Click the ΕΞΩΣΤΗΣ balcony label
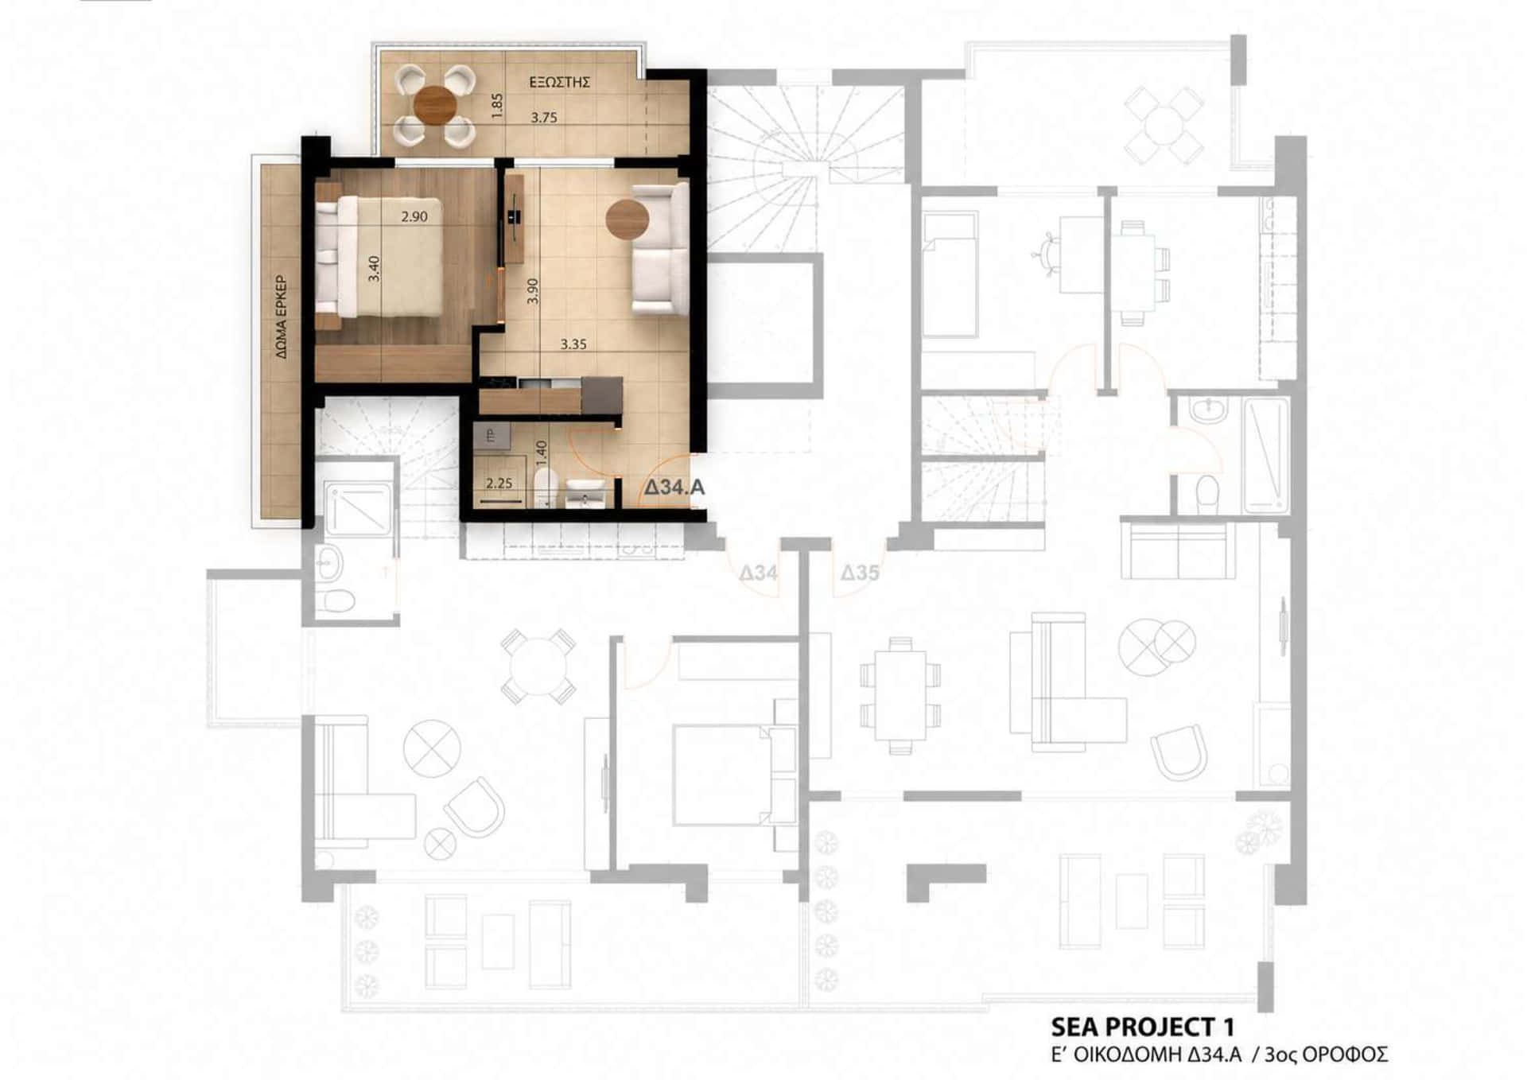coord(560,82)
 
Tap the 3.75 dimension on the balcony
coord(544,118)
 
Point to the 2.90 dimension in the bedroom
coord(414,216)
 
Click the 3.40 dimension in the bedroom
coord(375,268)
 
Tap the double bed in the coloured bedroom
coord(380,258)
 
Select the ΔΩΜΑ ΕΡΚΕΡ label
coord(282,317)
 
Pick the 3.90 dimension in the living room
coord(534,290)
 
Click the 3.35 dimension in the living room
coord(573,344)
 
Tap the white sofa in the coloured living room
coord(660,248)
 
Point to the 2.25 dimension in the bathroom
coord(499,483)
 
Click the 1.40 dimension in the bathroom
coord(542,453)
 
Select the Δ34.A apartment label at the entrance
coord(674,488)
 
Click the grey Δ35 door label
coord(860,573)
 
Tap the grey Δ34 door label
coord(758,573)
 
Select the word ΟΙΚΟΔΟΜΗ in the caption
coord(1127,1055)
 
